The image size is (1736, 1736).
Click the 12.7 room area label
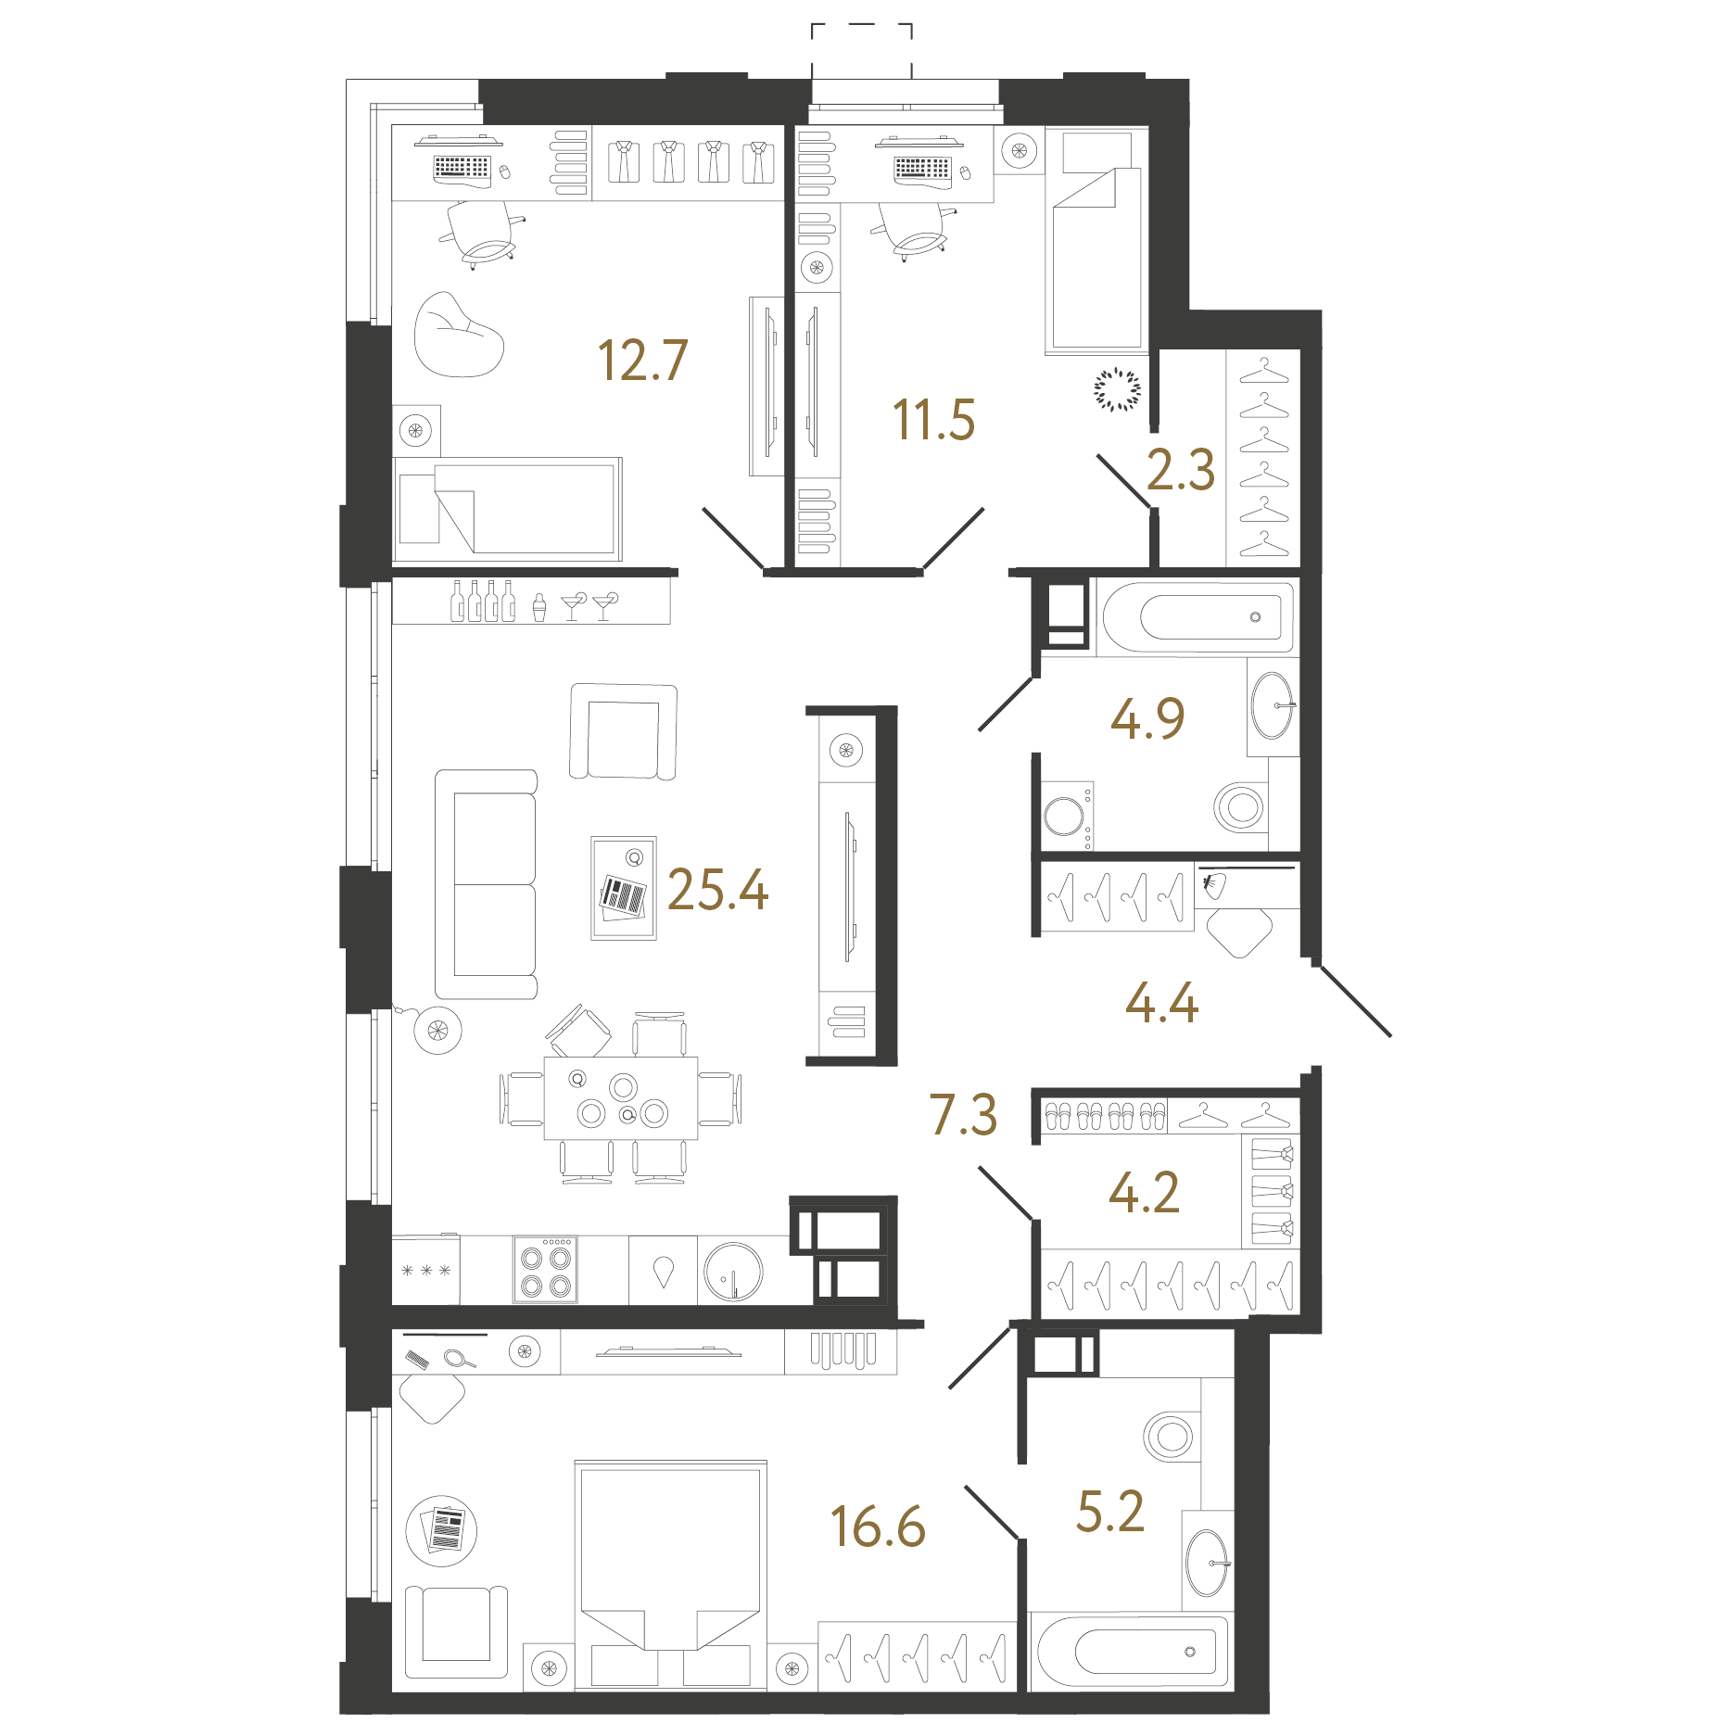(x=642, y=361)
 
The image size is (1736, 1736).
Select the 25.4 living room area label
(x=717, y=890)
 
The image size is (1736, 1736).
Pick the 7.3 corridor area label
(x=963, y=1114)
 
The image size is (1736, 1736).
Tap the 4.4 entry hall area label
(x=1161, y=1003)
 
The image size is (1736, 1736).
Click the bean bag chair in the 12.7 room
(x=459, y=335)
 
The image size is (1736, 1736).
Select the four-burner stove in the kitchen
(x=546, y=1271)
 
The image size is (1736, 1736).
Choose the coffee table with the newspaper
(x=624, y=888)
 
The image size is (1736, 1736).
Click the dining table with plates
(x=621, y=1097)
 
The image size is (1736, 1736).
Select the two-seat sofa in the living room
(x=487, y=884)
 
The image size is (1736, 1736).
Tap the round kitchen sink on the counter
(x=733, y=1271)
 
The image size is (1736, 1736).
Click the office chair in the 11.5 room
(x=912, y=230)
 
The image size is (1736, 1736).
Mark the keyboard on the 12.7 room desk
(x=462, y=167)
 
